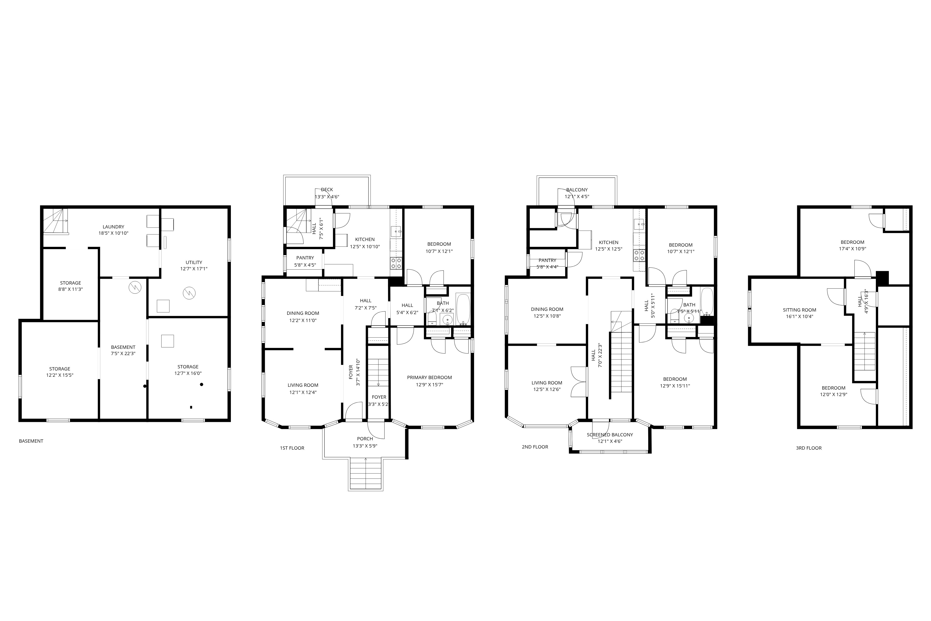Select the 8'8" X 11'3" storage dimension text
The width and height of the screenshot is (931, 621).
tap(71, 289)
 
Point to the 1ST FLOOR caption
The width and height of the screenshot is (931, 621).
tap(292, 448)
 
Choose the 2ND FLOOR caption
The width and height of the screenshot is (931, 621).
tap(535, 447)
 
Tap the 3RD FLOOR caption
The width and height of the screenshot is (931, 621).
tap(809, 448)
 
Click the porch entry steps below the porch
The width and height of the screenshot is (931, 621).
tap(365, 474)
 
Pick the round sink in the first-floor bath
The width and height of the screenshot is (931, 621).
tap(447, 320)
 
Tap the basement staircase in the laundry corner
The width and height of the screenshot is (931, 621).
tap(56, 222)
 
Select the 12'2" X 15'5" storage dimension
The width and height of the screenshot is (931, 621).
tap(60, 375)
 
